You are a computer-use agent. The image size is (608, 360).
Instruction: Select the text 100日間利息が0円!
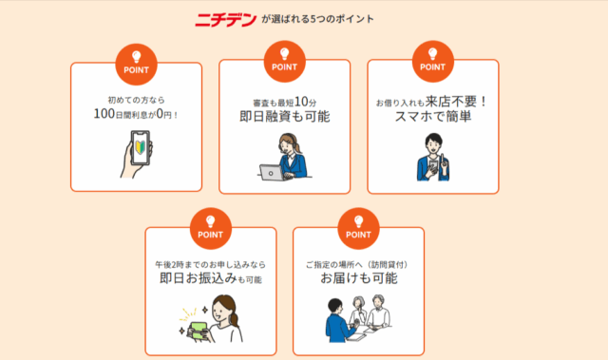coord(136,114)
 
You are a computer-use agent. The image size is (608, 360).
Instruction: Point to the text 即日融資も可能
coord(285,117)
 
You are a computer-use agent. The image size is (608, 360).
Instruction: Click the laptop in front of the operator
coord(276,172)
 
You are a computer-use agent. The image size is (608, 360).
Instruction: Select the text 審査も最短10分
coord(283,100)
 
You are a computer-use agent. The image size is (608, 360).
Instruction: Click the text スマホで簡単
coord(432,117)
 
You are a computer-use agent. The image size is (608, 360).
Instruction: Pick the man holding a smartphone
coord(432,158)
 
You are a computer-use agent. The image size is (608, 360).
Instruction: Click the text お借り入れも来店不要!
coord(432,100)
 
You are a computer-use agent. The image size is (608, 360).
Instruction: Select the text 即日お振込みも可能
coord(210,279)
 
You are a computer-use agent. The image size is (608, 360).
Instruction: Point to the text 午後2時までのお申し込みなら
coord(210,262)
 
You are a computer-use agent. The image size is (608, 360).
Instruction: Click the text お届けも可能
coord(358,279)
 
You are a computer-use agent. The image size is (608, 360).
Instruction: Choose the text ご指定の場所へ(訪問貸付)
coord(358,262)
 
